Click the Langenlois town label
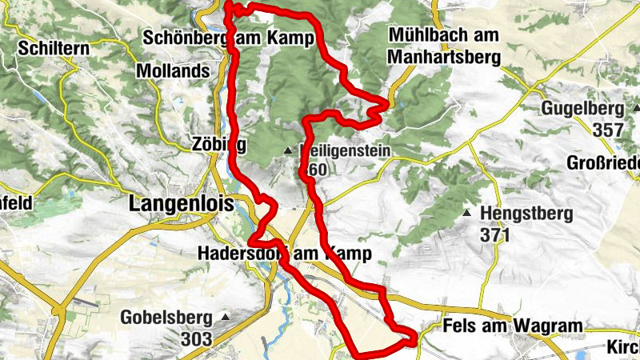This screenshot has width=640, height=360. coord(180,205)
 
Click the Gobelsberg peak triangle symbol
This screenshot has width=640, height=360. coord(225,318)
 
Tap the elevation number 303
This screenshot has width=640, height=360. coord(197,339)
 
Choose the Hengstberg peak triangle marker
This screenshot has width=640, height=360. coord(466,214)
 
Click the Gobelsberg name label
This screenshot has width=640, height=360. coord(165,318)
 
